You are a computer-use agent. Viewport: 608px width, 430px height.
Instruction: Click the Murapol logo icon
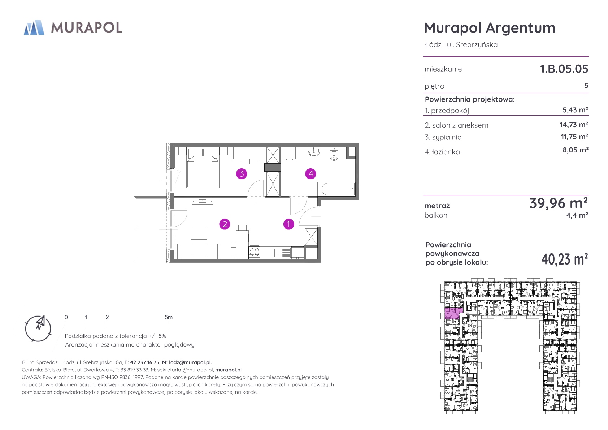point(34,27)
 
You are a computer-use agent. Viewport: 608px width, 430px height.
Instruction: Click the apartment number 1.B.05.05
point(564,69)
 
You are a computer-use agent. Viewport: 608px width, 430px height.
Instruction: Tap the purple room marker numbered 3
point(242,173)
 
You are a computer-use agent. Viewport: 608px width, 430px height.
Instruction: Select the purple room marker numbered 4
point(311,173)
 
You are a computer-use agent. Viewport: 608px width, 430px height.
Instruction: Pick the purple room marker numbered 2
point(225,224)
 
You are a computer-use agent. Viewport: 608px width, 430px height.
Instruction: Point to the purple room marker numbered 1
point(288,224)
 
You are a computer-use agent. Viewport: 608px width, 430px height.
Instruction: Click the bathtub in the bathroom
point(336,189)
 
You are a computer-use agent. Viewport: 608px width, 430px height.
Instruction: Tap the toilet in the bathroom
point(334,154)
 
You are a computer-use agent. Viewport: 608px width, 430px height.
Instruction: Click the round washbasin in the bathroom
point(314,151)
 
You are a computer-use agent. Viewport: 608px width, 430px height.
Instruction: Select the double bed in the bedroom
point(203,168)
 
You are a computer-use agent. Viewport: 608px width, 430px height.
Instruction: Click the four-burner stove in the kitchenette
point(254,252)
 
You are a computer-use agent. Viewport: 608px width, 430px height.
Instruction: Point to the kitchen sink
point(282,253)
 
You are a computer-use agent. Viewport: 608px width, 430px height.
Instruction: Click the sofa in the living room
point(199,251)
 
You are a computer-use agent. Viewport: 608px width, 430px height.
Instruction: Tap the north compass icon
point(38,328)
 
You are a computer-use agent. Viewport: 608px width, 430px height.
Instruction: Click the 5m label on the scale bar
point(169,317)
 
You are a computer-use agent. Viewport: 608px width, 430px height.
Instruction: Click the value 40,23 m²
point(565,259)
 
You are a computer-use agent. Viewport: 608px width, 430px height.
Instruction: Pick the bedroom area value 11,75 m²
point(574,136)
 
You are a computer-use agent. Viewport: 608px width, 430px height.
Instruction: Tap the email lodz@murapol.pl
point(190,362)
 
